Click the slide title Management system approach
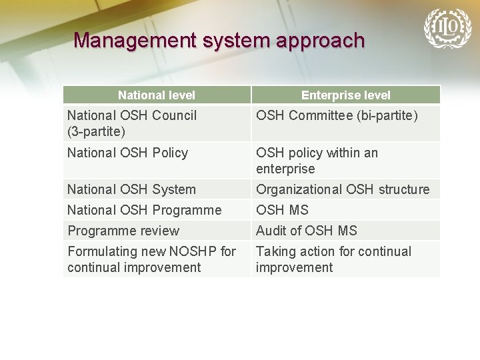(219, 41)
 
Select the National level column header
(157, 95)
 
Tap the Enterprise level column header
(346, 95)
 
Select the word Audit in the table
(271, 231)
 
